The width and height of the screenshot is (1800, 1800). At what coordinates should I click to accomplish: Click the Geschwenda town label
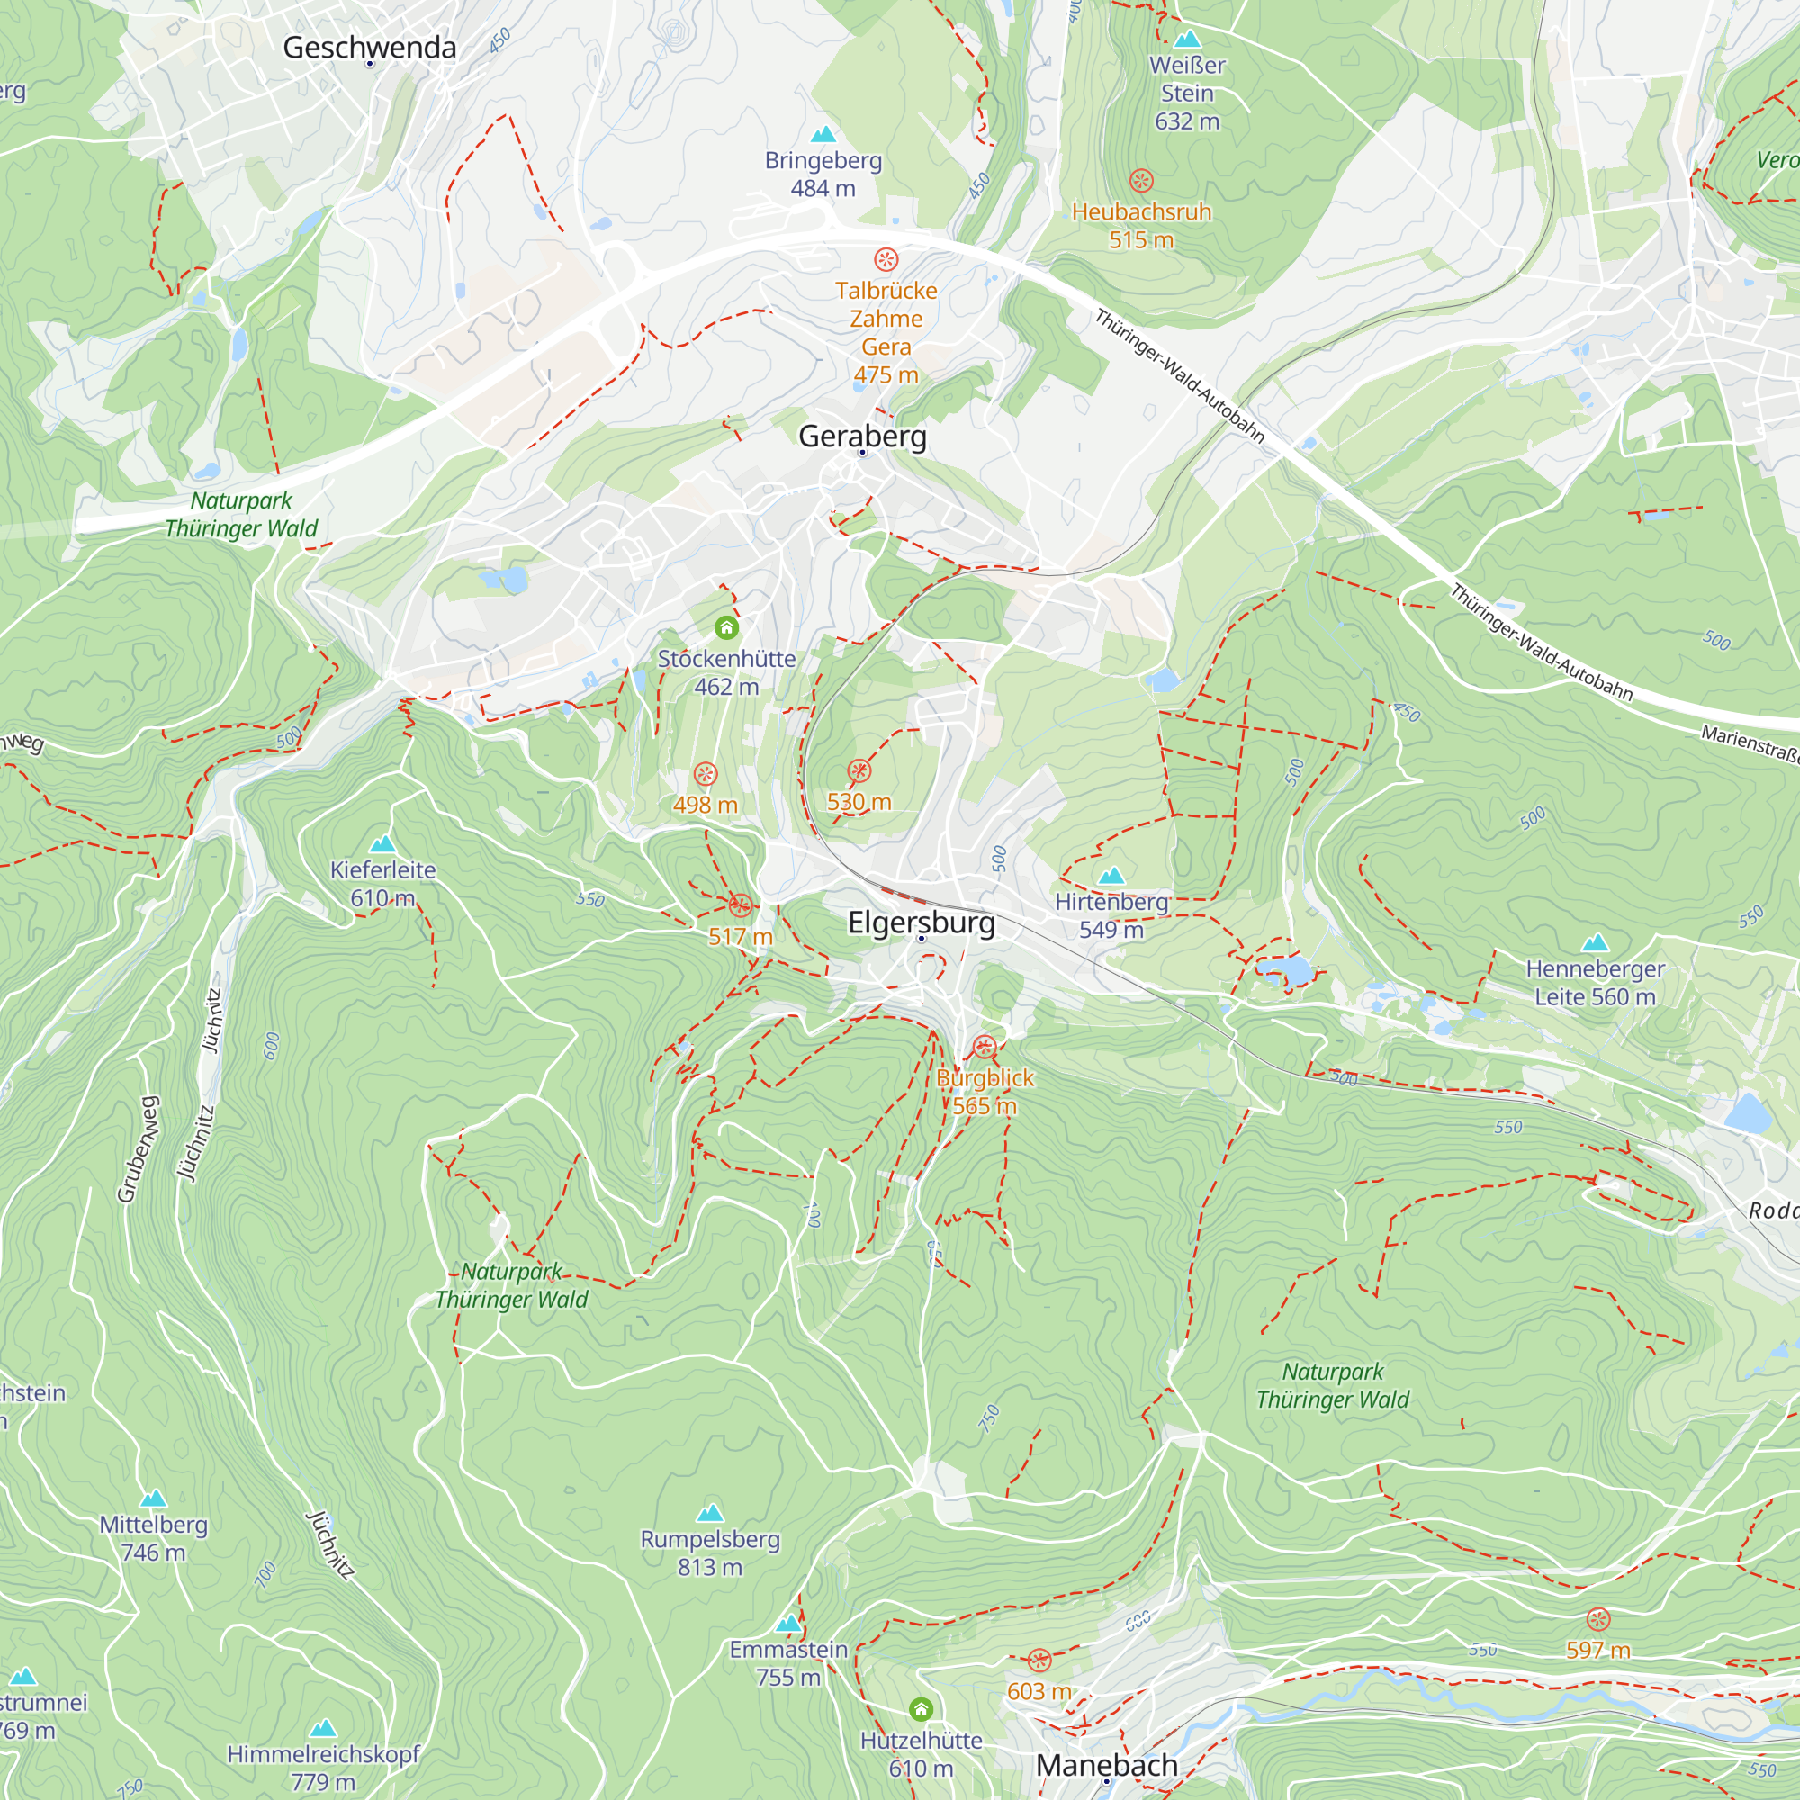[x=369, y=48]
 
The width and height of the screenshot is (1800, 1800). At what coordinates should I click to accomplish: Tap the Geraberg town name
[x=862, y=436]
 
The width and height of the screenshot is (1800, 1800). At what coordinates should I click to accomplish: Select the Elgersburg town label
[x=921, y=922]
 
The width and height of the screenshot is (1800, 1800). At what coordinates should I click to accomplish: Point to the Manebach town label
[x=1106, y=1765]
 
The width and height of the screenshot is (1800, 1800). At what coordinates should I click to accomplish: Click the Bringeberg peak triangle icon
[x=823, y=135]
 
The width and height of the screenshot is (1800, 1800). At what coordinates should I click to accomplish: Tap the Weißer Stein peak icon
[x=1186, y=40]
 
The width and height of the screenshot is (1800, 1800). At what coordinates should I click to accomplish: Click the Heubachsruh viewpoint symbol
[x=1140, y=181]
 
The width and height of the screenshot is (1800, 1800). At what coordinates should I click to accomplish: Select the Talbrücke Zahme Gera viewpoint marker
[x=885, y=259]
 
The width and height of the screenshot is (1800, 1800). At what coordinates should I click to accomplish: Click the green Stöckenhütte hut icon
[x=725, y=627]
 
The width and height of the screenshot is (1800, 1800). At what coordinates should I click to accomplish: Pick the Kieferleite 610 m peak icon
[x=382, y=845]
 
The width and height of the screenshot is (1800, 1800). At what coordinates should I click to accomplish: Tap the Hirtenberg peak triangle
[x=1111, y=876]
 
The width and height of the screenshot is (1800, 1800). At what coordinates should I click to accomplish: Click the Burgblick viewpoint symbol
[x=984, y=1048]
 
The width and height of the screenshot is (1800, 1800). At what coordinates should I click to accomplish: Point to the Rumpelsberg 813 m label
[x=709, y=1553]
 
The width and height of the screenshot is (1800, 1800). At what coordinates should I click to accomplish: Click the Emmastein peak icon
[x=788, y=1624]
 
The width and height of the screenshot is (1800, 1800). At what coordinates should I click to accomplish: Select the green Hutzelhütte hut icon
[x=921, y=1709]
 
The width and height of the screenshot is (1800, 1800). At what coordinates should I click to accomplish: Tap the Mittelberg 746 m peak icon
[x=153, y=1499]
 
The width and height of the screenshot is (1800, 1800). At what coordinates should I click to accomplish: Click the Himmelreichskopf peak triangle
[x=322, y=1728]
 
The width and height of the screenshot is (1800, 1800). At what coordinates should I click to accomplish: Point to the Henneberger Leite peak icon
[x=1594, y=943]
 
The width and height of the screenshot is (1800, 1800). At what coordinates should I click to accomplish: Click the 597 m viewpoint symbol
[x=1597, y=1619]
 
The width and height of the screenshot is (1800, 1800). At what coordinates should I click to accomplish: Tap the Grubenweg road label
[x=137, y=1147]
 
